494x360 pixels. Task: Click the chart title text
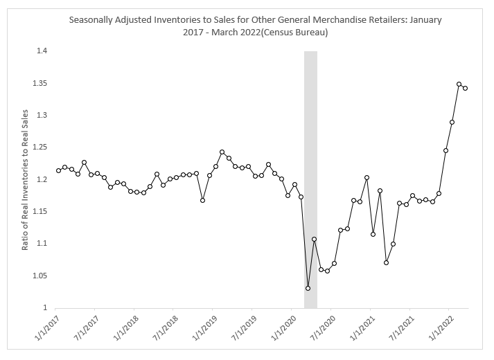point(256,26)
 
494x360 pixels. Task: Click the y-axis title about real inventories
point(26,179)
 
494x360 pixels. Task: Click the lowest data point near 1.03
point(308,288)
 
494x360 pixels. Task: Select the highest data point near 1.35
point(459,84)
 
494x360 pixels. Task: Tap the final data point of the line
point(465,88)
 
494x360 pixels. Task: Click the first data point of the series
point(58,170)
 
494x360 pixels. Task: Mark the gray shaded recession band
point(310,179)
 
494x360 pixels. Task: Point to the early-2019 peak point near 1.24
point(222,152)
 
